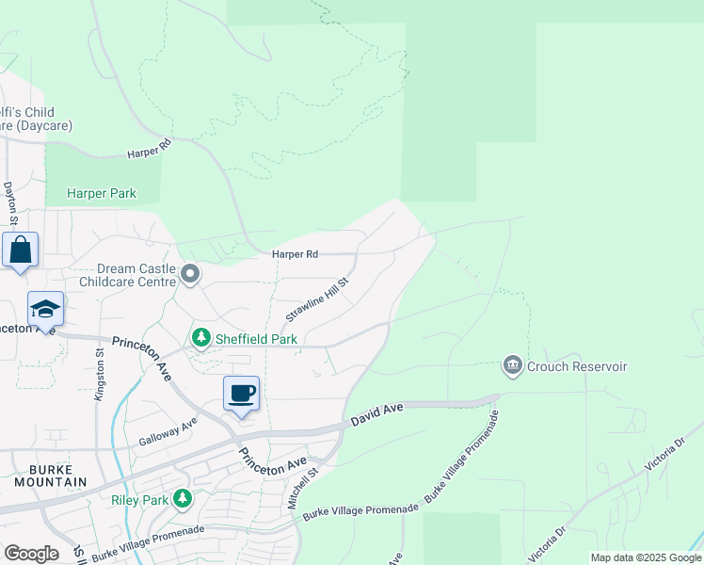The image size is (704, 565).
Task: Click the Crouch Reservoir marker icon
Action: coord(513,365)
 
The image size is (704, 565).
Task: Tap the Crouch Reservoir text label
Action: coord(577,366)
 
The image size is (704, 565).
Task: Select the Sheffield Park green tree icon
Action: coord(200,337)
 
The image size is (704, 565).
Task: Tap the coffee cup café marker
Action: coord(241,393)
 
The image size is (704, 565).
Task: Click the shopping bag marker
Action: coord(21,250)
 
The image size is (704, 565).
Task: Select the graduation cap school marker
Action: coord(45,310)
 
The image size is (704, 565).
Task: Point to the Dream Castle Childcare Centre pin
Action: coord(190,275)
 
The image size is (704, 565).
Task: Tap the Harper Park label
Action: coord(102,194)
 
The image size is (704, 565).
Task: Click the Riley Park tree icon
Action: coord(183,498)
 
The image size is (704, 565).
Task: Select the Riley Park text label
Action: coord(141,499)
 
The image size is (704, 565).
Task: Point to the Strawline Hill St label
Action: coord(317,299)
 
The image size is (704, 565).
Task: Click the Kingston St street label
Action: coord(99,375)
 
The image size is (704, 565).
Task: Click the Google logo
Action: coord(31,553)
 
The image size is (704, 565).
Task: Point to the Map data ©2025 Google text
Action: coord(645,557)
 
